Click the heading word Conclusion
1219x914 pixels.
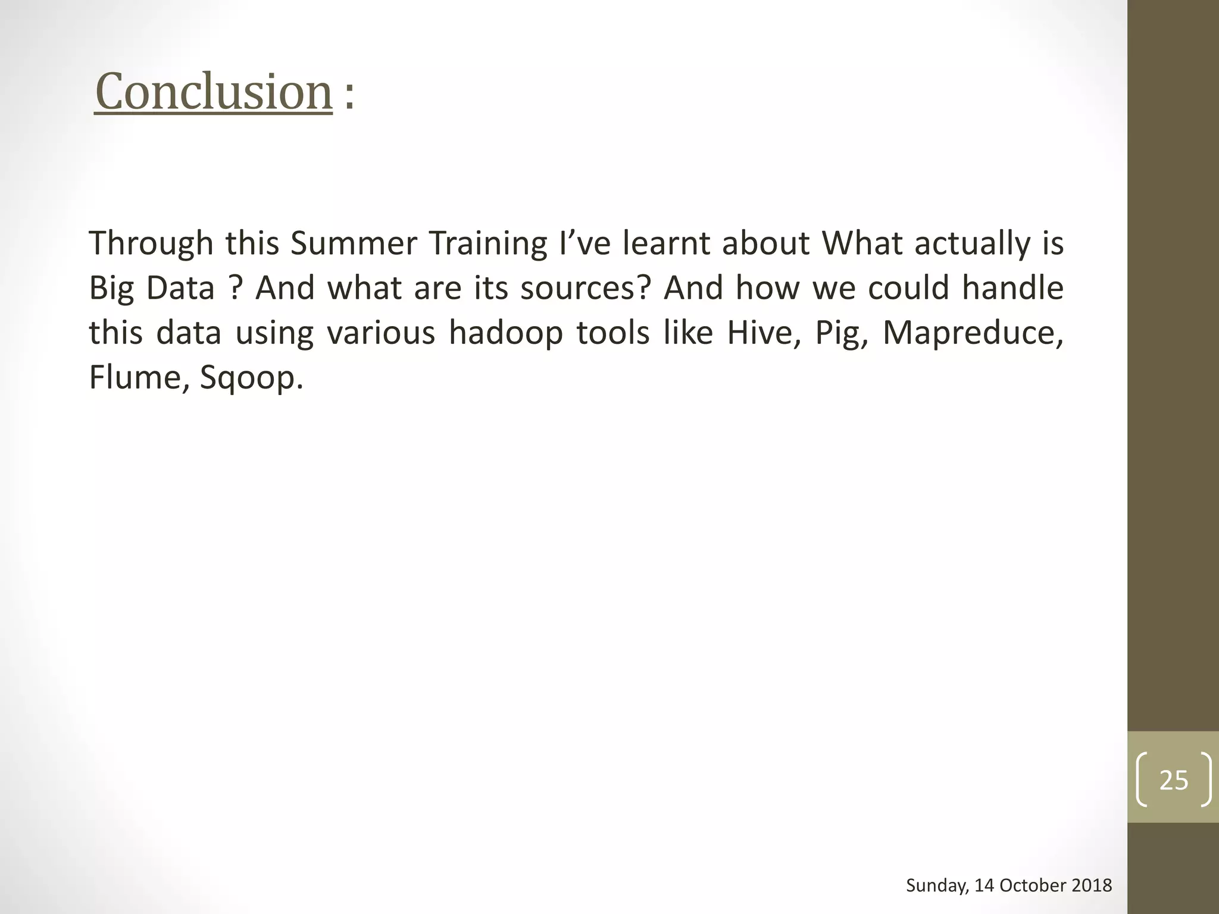tap(213, 92)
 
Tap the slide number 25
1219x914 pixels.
tap(1173, 780)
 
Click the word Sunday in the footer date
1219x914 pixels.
tap(937, 885)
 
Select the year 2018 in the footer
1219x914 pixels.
tap(1091, 885)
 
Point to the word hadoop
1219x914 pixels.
tap(505, 333)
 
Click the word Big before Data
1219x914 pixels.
tap(111, 289)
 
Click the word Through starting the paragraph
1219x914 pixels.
tap(151, 244)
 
